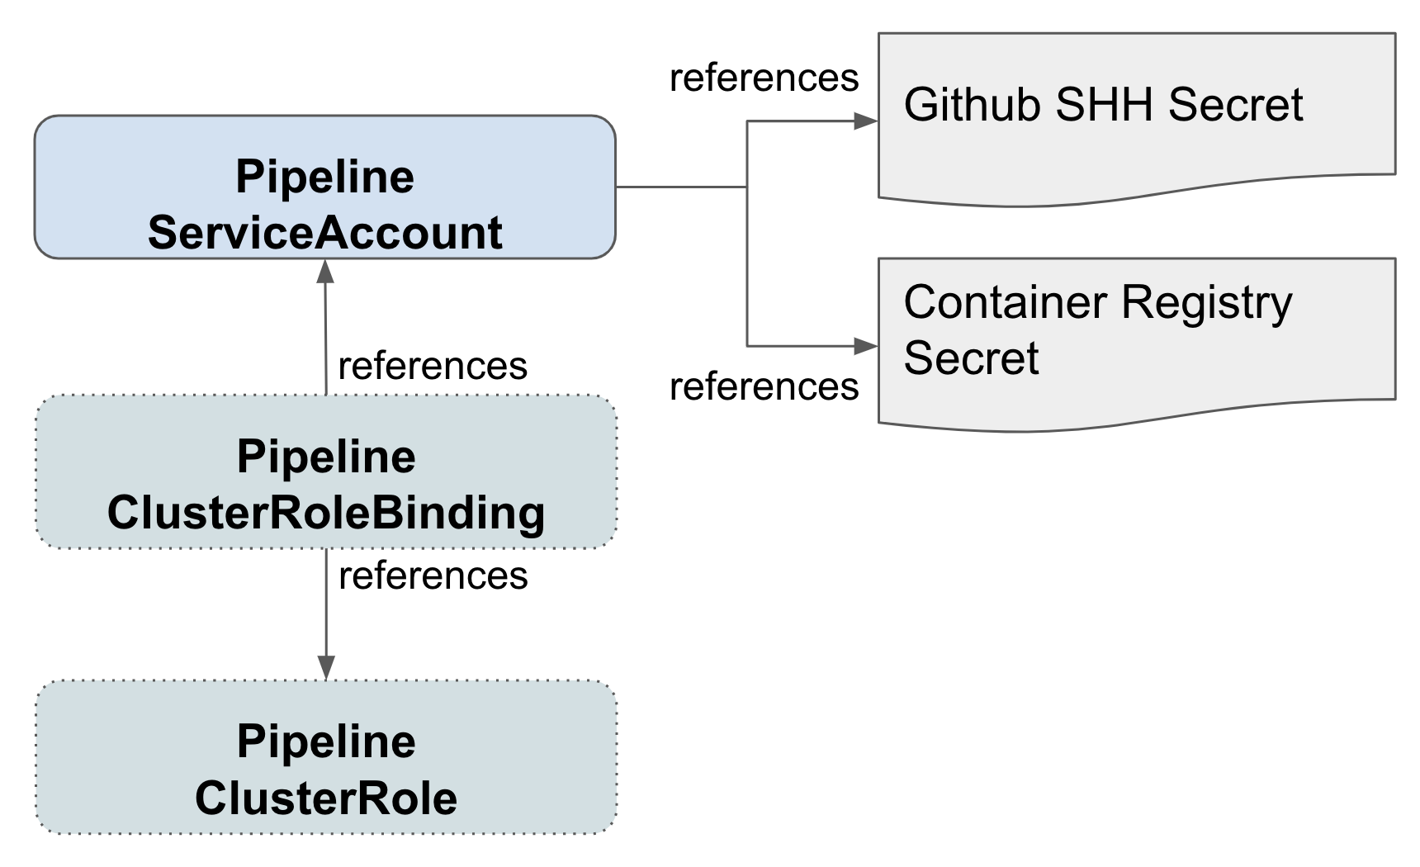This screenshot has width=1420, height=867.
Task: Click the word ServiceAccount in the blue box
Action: [x=324, y=233]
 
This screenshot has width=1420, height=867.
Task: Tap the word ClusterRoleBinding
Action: [x=326, y=513]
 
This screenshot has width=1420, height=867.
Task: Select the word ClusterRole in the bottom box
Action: [x=326, y=798]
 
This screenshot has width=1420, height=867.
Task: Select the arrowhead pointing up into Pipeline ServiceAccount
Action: [x=325, y=271]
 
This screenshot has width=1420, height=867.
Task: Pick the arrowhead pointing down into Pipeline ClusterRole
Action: [x=326, y=668]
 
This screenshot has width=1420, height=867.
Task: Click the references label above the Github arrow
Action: [x=764, y=78]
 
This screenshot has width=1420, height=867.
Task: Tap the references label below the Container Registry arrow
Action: [x=764, y=386]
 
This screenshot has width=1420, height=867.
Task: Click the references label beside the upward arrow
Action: [x=433, y=366]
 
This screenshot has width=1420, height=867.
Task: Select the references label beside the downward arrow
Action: [x=433, y=576]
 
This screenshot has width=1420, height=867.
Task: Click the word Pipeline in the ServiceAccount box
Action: [x=324, y=177]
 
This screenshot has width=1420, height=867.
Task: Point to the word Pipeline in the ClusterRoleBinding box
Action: [x=326, y=457]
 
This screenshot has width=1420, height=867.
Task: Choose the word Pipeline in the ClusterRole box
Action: [x=326, y=741]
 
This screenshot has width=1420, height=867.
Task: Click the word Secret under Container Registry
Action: [x=971, y=358]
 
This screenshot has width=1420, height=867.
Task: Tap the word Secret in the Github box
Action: [x=1235, y=105]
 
